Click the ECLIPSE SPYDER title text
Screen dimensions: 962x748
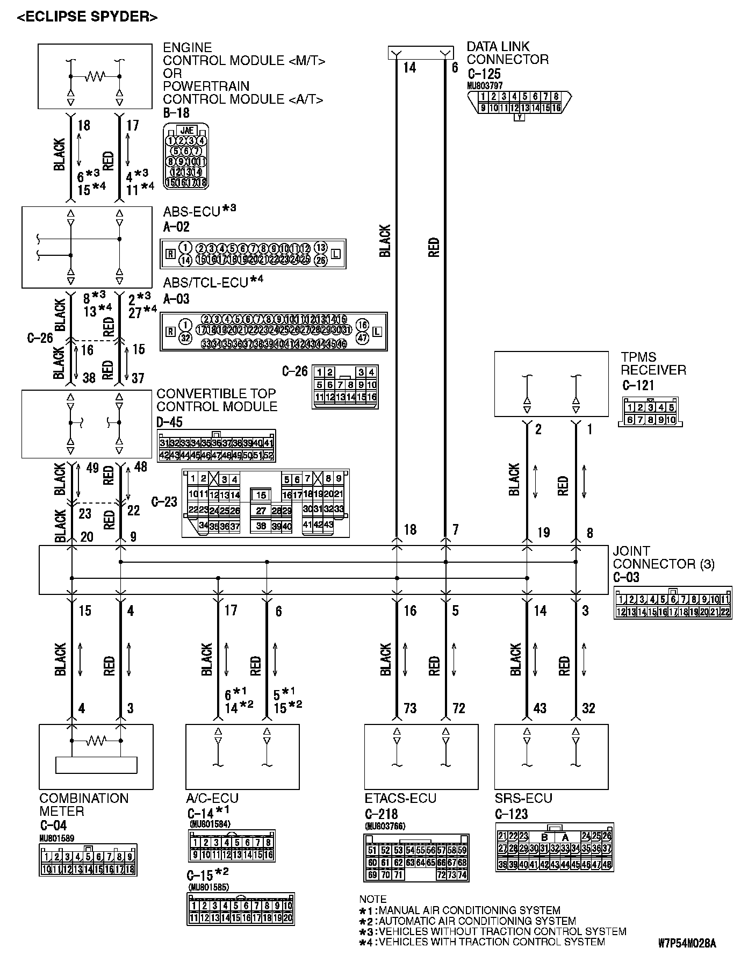pos(87,17)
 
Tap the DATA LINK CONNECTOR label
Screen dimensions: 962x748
pos(507,53)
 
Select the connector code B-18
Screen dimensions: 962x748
pos(176,113)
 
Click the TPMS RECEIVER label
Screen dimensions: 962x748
pos(653,363)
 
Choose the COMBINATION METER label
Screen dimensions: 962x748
pos(84,805)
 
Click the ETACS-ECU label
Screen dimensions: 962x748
pos(400,798)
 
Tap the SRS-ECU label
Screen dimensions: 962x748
pos(523,798)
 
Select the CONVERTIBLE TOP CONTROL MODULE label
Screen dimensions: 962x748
pos(217,400)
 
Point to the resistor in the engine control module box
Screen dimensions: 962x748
pos(95,76)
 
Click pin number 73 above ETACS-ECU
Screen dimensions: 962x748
pos(410,708)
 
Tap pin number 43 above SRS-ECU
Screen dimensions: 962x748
pos(540,708)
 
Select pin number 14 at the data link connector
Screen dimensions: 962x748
pos(409,68)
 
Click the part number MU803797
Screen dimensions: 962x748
pos(485,85)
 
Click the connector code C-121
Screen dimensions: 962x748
pos(638,385)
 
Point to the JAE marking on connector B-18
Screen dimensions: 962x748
pos(186,130)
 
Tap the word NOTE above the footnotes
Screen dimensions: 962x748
pos(372,899)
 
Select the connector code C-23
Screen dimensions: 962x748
pos(164,502)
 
